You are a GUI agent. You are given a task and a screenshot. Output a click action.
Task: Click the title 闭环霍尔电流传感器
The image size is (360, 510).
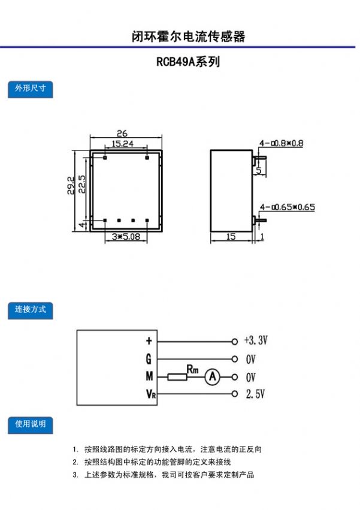click(188, 37)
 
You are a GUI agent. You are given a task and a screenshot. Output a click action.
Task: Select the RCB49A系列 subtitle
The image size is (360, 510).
click(188, 62)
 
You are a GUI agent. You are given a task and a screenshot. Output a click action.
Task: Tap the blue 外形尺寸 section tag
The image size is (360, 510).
click(30, 89)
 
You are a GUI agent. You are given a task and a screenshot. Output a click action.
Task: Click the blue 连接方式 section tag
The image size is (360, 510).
click(30, 310)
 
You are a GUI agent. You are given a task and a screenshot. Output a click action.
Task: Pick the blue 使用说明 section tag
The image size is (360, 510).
click(30, 425)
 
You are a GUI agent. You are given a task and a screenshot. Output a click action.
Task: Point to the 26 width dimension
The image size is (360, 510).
click(122, 133)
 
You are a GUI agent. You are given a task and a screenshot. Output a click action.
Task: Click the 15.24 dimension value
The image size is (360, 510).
click(122, 143)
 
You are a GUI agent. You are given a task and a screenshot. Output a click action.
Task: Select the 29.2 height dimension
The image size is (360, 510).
click(71, 185)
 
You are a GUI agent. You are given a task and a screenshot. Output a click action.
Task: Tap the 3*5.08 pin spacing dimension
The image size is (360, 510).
click(126, 237)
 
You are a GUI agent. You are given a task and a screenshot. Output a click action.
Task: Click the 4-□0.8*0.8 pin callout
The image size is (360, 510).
click(281, 143)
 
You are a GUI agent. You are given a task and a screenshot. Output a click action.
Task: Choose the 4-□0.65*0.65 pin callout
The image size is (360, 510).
click(287, 207)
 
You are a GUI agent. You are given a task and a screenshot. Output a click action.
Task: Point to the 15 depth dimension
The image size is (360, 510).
click(231, 237)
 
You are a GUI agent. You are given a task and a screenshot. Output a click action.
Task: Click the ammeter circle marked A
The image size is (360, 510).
click(213, 376)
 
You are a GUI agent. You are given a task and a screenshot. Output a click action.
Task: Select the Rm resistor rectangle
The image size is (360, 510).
click(177, 377)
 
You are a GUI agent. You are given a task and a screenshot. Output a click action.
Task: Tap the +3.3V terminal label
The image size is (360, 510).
click(256, 340)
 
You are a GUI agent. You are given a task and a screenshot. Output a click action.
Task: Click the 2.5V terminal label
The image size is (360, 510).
click(255, 394)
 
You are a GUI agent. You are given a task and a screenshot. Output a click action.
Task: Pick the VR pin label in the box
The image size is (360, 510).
click(151, 394)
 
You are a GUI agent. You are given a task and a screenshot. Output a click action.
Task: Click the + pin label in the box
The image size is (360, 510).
click(149, 340)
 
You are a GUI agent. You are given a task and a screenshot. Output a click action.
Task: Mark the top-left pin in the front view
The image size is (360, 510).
click(105, 158)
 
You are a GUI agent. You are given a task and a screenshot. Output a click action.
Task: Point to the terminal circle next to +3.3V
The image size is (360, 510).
click(234, 342)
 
